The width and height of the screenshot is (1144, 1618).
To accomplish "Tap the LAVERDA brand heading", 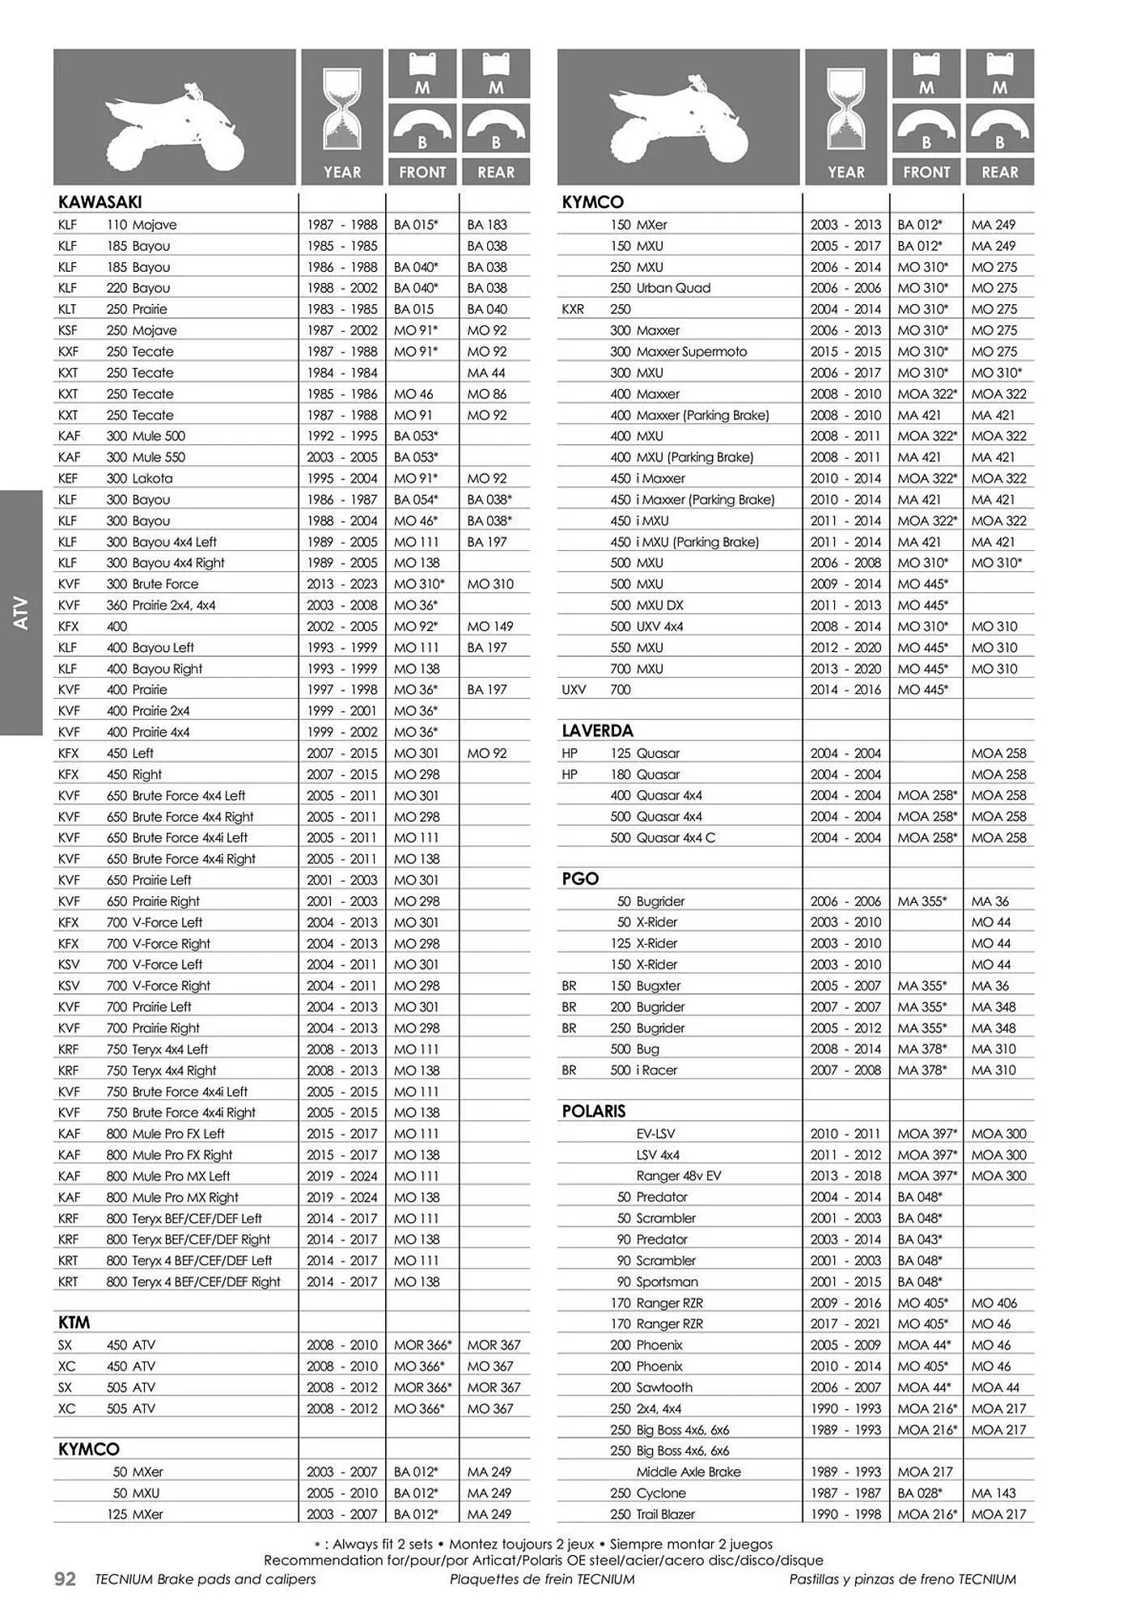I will (597, 731).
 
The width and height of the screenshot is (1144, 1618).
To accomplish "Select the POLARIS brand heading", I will (594, 1112).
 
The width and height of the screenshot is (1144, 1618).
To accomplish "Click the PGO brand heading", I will (580, 879).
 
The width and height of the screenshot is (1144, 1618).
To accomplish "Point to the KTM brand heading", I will (74, 1323).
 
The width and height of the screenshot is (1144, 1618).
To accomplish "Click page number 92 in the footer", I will (65, 1579).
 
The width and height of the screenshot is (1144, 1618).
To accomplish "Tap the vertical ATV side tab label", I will (22, 612).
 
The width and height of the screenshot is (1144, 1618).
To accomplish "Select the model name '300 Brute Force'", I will (152, 584).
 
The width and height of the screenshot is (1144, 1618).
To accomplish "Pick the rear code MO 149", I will (490, 626).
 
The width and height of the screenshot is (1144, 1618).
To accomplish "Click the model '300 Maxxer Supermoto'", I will (678, 352).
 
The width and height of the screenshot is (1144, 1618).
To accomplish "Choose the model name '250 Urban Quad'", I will (660, 288).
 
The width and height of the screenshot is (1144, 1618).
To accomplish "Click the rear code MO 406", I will (994, 1303).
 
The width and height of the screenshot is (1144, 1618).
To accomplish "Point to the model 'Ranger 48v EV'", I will (678, 1176).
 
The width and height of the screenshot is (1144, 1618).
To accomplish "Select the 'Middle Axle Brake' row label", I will (688, 1472).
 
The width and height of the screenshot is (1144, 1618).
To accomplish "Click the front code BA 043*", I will (920, 1239).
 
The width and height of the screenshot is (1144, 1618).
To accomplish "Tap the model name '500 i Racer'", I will (644, 1070).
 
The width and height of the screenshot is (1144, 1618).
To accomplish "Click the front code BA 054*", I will (416, 500).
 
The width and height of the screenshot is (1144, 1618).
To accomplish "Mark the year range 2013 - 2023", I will (342, 584).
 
